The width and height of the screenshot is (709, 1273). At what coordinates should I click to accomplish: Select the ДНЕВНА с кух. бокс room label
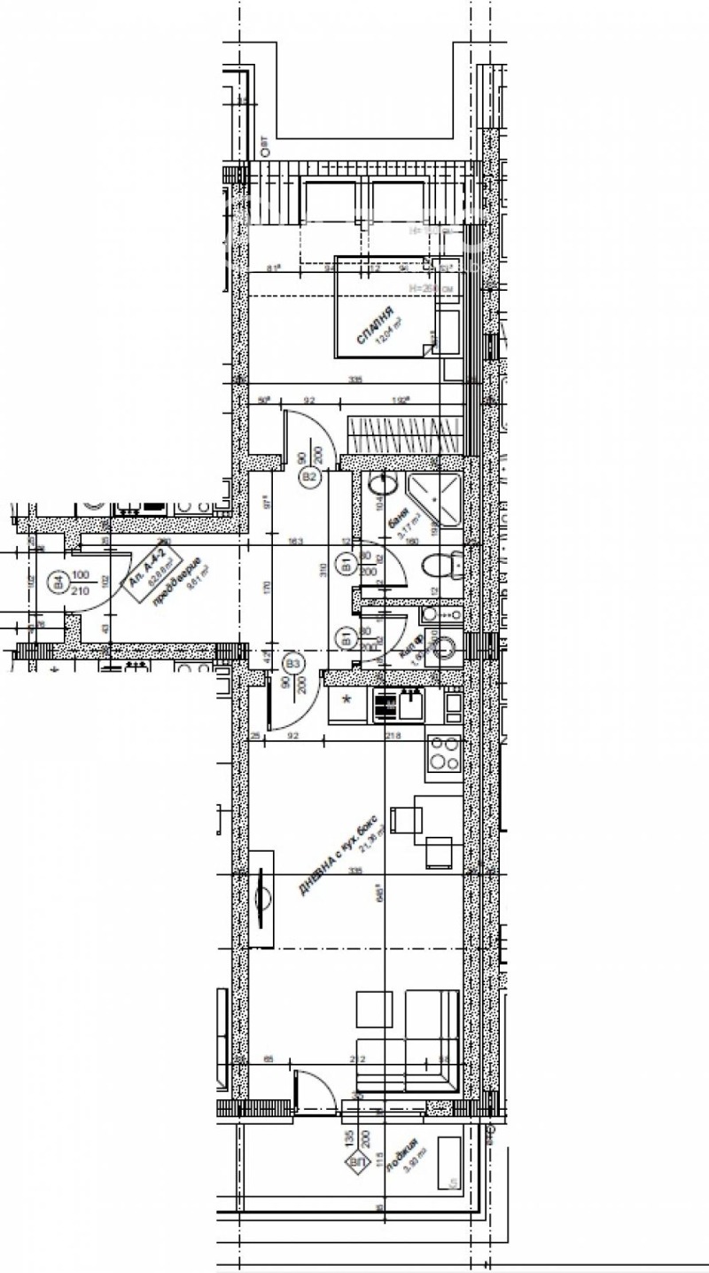click(x=338, y=853)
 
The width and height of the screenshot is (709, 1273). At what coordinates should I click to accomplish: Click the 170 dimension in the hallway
click(x=267, y=585)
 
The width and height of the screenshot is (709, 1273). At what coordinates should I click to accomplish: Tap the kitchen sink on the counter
click(x=410, y=704)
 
